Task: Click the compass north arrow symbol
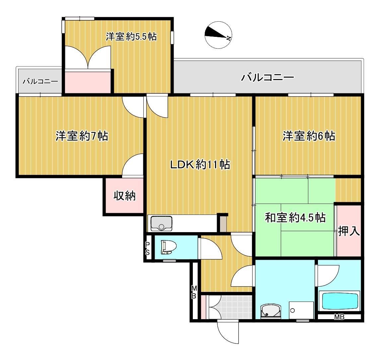tap(218, 35)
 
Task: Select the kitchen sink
tap(161, 224)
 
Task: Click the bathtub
tap(339, 301)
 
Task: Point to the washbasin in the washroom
tap(271, 311)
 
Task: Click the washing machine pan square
tap(301, 310)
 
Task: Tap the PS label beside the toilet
tap(147, 248)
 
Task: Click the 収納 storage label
tap(124, 196)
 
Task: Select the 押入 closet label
tap(349, 231)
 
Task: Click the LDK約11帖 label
tap(200, 165)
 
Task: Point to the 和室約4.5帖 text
tap(295, 218)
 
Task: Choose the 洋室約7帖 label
tap(82, 136)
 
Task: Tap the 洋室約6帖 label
tap(309, 136)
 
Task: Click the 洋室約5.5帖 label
tap(131, 37)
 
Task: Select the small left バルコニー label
tap(40, 81)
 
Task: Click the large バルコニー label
tap(267, 77)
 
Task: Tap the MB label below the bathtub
tap(339, 317)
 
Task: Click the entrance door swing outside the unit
tap(228, 332)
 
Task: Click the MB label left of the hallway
tap(194, 292)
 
